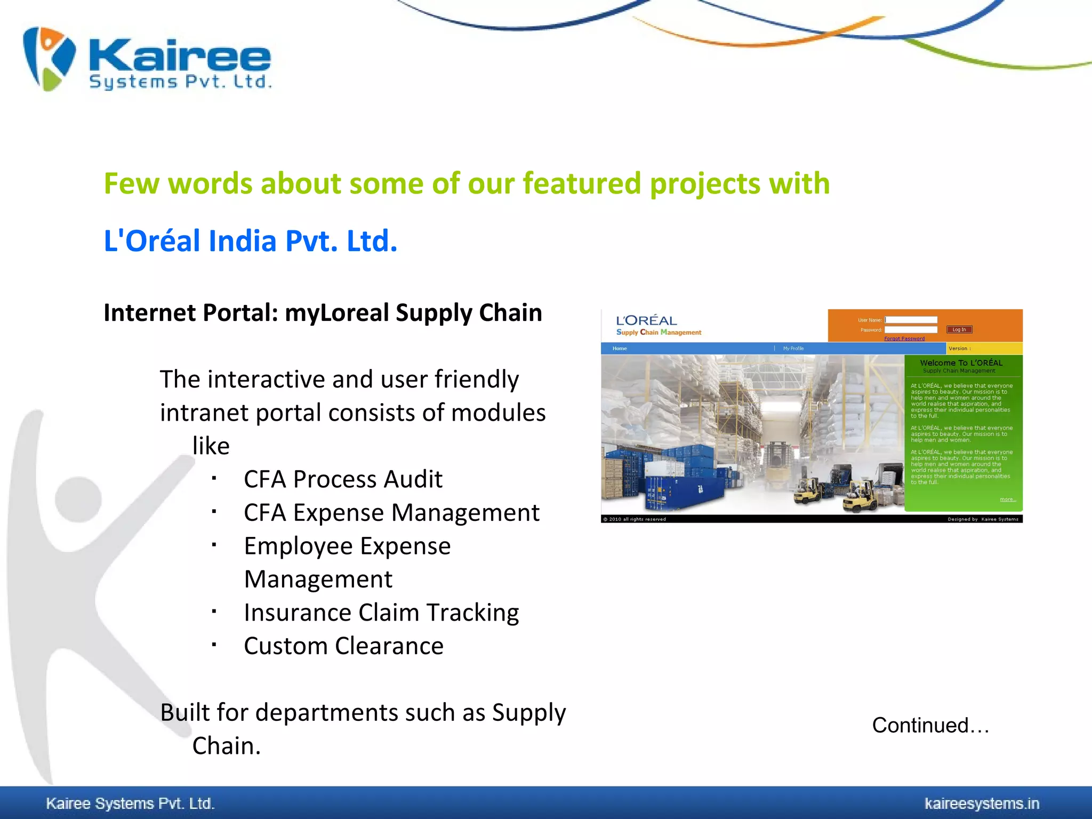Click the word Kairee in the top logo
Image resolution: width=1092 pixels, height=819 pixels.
[x=180, y=55]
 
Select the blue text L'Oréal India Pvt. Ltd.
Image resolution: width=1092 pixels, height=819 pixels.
[x=251, y=240]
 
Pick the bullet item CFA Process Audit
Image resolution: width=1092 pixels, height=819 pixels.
[x=343, y=479]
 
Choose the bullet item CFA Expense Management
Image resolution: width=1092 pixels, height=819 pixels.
[x=391, y=512]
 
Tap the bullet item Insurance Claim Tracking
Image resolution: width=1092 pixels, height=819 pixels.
[x=381, y=612]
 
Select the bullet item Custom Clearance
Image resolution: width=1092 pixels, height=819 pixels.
[x=343, y=646]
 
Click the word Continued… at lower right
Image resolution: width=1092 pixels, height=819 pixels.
[x=930, y=725]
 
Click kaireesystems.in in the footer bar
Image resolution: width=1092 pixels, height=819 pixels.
[x=982, y=803]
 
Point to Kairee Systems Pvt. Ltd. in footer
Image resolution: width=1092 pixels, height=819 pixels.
[x=130, y=803]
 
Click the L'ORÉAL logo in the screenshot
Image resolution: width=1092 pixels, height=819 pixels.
[x=646, y=320]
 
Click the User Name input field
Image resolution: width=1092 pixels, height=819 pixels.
[x=911, y=320]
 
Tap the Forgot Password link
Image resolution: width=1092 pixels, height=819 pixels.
[x=904, y=339]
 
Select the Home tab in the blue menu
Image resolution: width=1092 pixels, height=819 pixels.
[x=620, y=348]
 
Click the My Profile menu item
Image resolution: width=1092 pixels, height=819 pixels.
[x=793, y=348]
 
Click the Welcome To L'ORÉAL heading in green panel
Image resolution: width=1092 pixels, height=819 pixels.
[x=961, y=363]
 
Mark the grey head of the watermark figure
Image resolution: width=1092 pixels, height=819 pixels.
[x=78, y=500]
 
